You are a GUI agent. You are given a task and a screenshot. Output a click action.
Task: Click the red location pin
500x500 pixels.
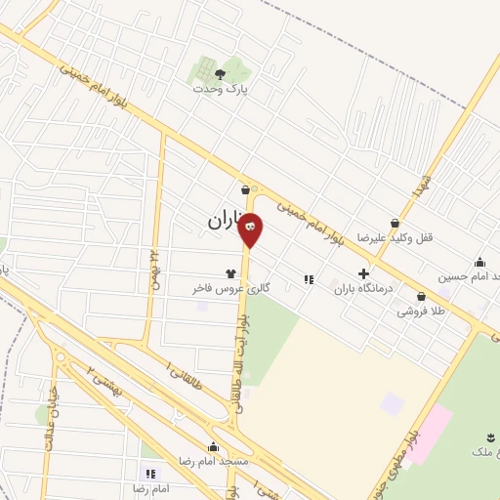(250, 229)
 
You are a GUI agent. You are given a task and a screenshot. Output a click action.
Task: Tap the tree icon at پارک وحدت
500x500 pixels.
(219, 72)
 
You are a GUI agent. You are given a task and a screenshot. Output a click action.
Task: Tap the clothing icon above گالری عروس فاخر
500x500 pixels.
(230, 274)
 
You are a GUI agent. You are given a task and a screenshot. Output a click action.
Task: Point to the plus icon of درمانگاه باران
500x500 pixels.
(363, 274)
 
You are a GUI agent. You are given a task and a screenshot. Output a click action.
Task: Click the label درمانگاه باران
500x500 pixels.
(362, 289)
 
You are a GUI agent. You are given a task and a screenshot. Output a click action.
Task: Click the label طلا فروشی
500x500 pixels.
(419, 312)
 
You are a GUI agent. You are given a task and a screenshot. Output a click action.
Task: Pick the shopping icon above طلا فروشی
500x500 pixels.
(421, 296)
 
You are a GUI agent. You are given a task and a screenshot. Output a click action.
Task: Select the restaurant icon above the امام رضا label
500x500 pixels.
(150, 473)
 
